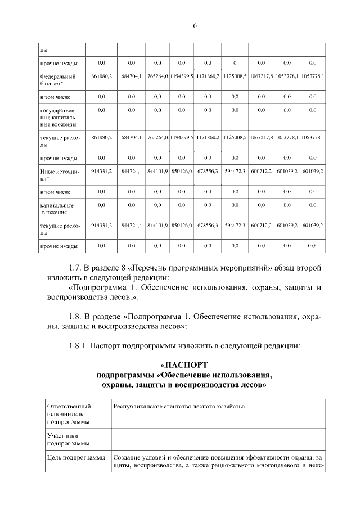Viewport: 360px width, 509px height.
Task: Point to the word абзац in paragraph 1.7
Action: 277,267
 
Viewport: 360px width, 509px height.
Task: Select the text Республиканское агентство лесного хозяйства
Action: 179,406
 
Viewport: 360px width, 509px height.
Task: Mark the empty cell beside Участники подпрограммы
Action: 217,439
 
